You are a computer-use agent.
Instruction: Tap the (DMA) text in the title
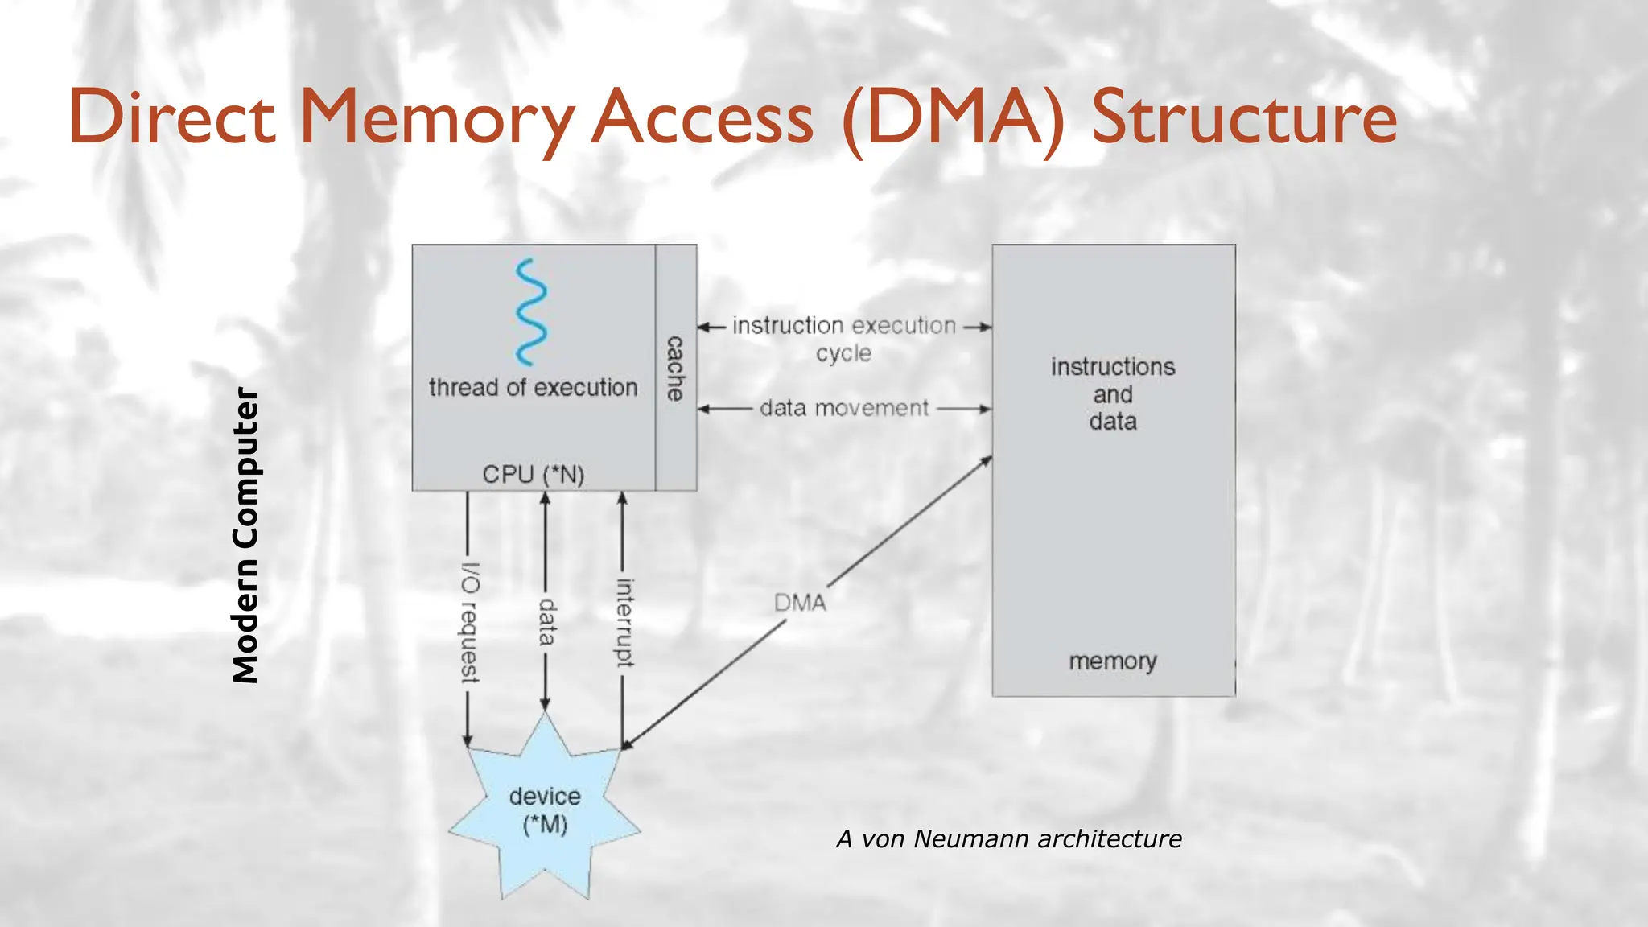point(953,119)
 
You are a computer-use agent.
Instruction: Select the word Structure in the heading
point(1243,117)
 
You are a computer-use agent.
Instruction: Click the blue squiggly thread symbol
point(531,311)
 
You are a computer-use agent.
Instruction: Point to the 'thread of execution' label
point(533,388)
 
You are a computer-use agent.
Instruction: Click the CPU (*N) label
point(533,474)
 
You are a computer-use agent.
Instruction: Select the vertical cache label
point(675,369)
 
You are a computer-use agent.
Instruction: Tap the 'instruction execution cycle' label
point(843,339)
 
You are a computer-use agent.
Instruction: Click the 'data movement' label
point(843,409)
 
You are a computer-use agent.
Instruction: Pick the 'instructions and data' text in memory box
point(1113,394)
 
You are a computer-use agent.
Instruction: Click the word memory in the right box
point(1113,661)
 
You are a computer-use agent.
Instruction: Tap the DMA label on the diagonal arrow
point(800,603)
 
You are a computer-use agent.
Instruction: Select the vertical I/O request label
point(470,623)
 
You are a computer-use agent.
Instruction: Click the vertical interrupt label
point(624,622)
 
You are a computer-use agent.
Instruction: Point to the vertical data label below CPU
point(547,621)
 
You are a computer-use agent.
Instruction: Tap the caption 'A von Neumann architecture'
point(1009,839)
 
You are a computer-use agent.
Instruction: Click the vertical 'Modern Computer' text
point(245,536)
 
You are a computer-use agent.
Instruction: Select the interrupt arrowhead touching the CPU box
point(622,498)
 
